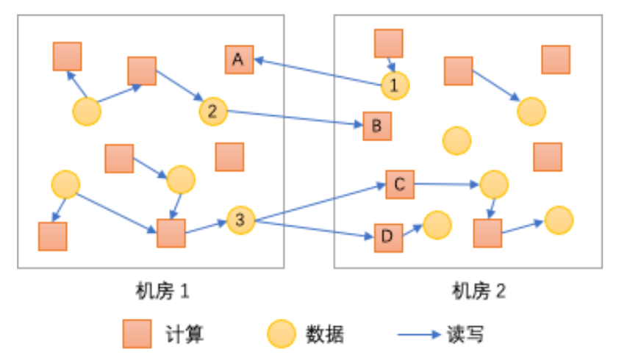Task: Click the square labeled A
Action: point(238,60)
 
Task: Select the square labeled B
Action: point(377,126)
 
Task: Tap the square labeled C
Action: point(400,184)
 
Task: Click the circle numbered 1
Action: point(395,85)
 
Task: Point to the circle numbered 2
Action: point(212,112)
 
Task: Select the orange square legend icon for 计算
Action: point(137,334)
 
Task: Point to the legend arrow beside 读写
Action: point(419,335)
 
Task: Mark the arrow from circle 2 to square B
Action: point(294,119)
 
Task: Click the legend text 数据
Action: point(324,334)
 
